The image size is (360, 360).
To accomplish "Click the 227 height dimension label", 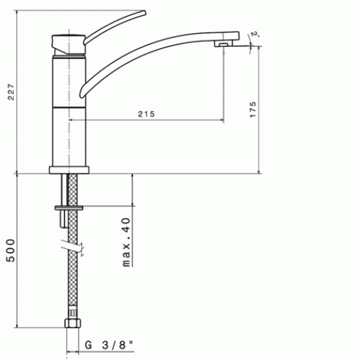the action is click(12, 92).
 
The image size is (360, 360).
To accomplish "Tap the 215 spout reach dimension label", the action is click(146, 114).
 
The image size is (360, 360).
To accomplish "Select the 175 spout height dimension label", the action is click(253, 109).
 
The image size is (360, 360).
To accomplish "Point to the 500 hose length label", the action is click(11, 251).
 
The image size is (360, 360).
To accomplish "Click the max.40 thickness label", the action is click(126, 243).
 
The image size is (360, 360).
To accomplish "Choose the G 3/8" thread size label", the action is click(109, 345).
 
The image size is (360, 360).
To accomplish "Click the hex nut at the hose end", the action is click(73, 323).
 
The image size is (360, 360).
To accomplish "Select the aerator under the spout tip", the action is click(223, 44).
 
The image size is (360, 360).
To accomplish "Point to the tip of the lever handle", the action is click(145, 12).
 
